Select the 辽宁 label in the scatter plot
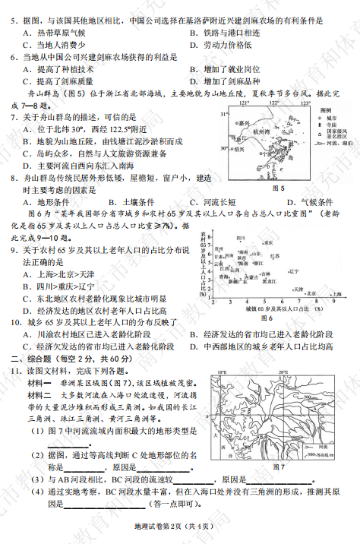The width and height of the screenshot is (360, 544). (x=294, y=270)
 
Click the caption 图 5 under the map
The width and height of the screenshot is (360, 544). (x=278, y=188)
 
